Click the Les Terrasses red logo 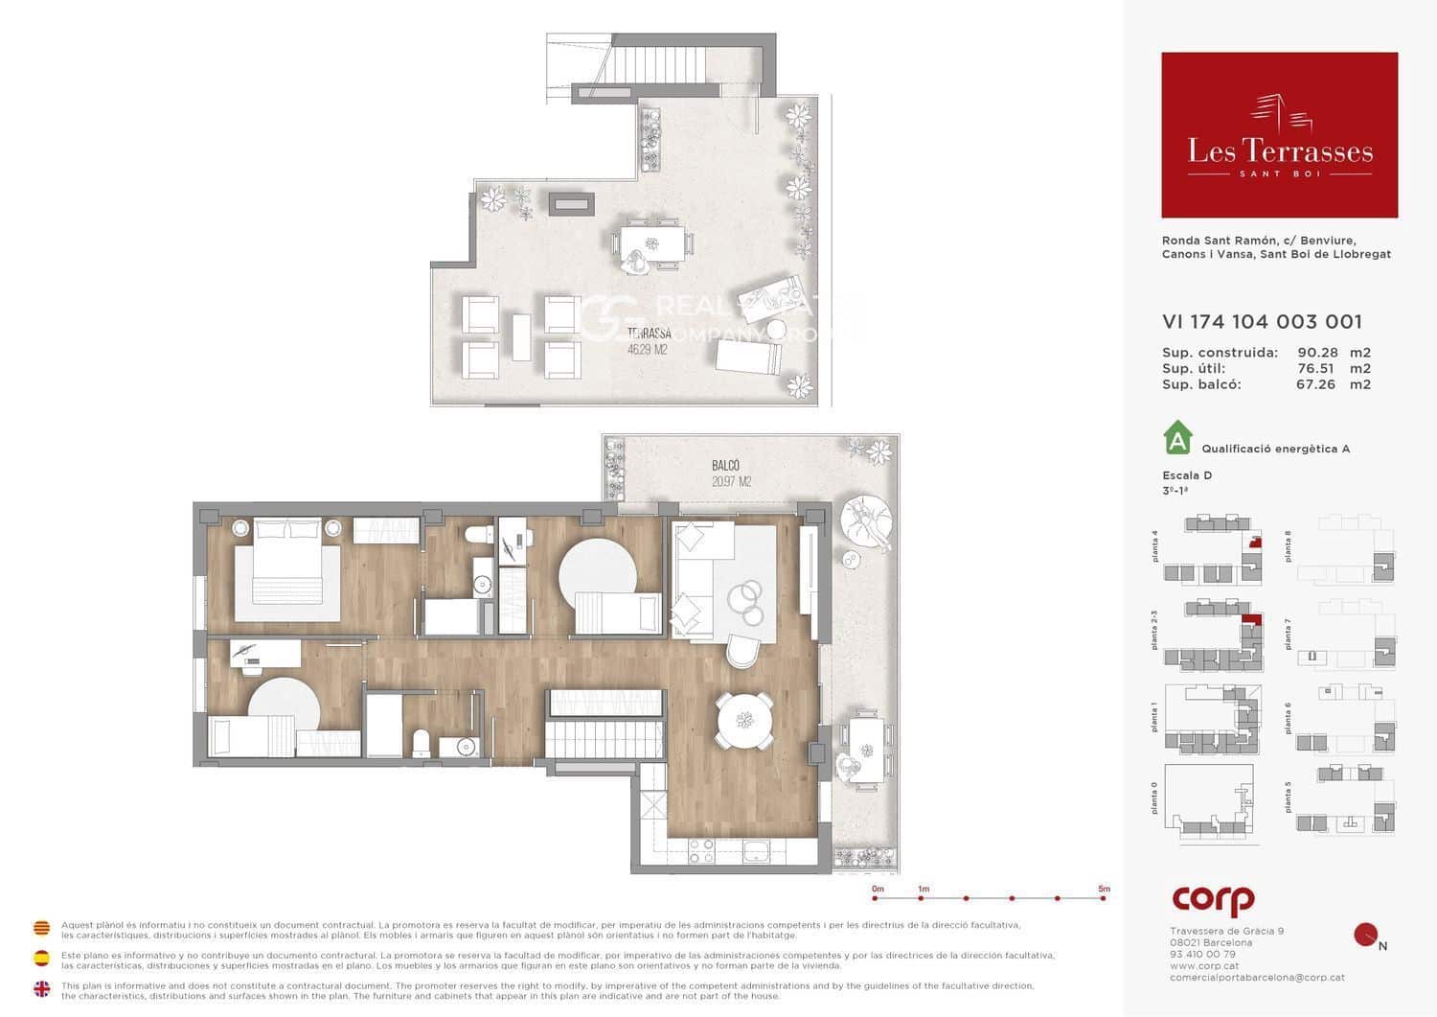point(1279,135)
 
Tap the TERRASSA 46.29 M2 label point(648,341)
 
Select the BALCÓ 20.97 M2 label point(731,474)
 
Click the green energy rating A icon point(1177,439)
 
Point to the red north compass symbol point(1365,935)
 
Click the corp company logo point(1213,900)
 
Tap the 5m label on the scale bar point(1104,890)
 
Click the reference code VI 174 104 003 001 point(1262,322)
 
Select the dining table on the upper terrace point(652,243)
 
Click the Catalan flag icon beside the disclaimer point(42,928)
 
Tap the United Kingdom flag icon point(42,989)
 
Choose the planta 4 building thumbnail point(1213,550)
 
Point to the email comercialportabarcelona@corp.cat point(1257,978)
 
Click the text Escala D point(1187,475)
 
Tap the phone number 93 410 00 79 point(1202,955)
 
